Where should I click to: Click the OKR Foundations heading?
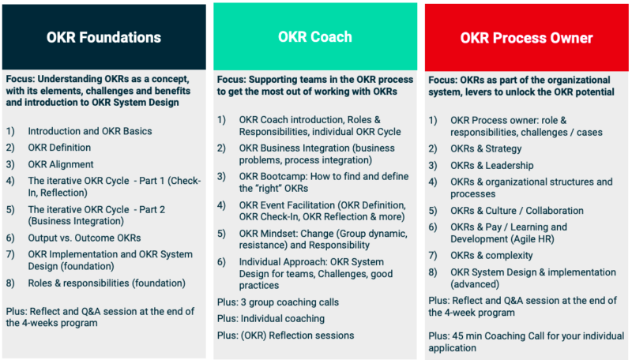coord(103,37)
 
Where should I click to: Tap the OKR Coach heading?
coord(315,37)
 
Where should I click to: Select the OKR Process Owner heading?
coord(526,37)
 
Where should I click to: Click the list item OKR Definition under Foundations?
coord(59,148)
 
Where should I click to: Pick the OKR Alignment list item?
coord(60,164)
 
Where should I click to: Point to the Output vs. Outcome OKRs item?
coord(85,238)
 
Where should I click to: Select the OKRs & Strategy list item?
coord(486,148)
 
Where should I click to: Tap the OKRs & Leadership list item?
coord(491,165)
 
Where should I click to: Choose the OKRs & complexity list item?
coord(491,256)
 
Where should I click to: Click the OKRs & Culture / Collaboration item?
coord(517,211)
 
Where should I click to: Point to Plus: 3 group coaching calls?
coord(278,302)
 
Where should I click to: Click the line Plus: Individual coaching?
coord(271,318)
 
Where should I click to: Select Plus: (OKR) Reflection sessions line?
coord(286,335)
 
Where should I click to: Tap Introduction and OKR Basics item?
coord(90,131)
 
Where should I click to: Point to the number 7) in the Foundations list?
coord(10,254)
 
